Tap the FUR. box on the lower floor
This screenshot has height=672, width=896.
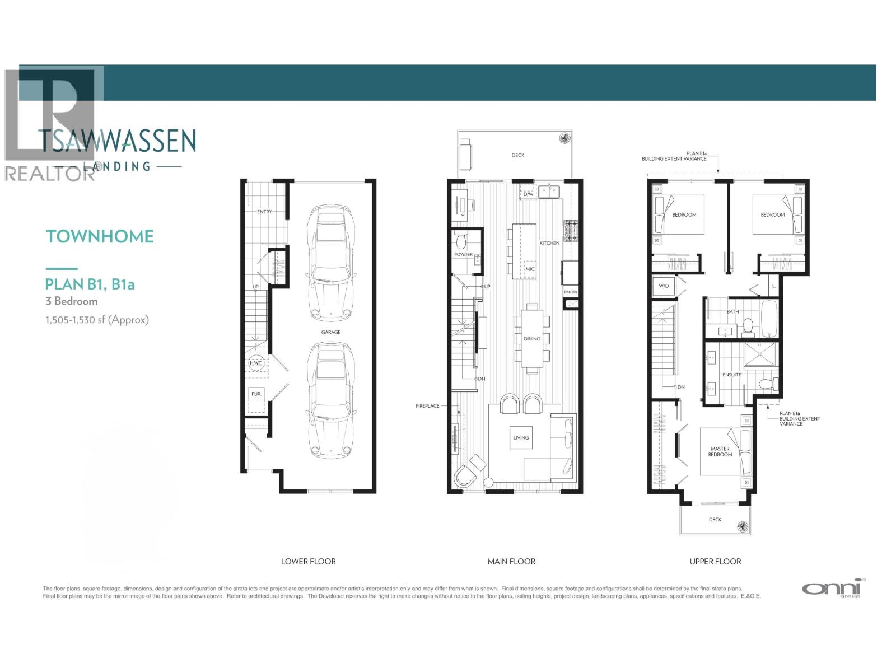tap(256, 394)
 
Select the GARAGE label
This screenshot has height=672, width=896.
tap(330, 332)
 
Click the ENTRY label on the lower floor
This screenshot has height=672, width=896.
tap(264, 212)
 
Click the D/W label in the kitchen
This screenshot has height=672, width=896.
tap(528, 194)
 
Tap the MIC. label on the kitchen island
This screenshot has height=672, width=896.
tap(530, 269)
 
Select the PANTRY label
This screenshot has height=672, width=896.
tap(571, 292)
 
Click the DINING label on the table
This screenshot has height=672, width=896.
tap(532, 339)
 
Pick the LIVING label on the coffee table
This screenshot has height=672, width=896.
tap(521, 438)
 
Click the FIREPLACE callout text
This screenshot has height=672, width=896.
tap(427, 405)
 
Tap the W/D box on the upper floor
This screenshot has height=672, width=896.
tap(664, 286)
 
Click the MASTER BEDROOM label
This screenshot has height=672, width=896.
tap(720, 451)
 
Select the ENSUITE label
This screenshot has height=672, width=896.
tap(731, 375)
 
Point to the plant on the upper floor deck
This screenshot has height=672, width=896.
tap(743, 526)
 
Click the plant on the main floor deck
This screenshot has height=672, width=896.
tap(564, 137)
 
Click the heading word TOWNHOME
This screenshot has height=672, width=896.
tap(100, 236)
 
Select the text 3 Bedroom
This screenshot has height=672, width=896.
tap(72, 301)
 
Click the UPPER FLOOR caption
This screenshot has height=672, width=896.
tap(715, 561)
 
